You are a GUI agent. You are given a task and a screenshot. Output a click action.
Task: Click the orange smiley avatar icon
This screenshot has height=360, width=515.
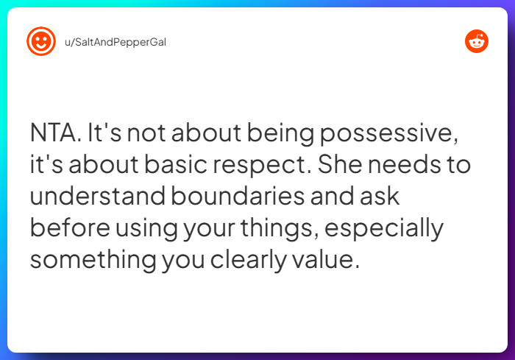(x=41, y=41)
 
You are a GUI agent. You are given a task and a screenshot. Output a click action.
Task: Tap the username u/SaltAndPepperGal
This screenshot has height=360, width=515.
(x=116, y=42)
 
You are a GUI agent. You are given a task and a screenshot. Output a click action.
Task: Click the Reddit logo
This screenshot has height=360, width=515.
(x=477, y=41)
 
